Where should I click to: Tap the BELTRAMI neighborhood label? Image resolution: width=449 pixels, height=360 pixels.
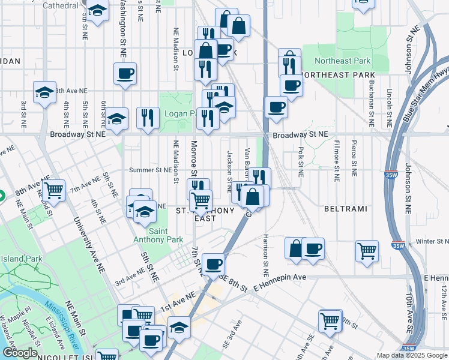342,209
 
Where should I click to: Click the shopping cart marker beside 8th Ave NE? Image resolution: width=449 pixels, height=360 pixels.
53,191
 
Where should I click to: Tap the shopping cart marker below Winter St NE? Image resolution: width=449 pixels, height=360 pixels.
366,251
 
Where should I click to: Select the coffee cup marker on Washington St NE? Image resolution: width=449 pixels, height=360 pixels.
125,74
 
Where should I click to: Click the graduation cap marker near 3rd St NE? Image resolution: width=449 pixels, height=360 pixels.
44,92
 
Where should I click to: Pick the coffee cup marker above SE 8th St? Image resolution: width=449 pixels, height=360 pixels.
213,263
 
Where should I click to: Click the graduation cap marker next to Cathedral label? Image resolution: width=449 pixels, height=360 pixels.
97,10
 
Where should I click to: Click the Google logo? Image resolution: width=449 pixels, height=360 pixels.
20,353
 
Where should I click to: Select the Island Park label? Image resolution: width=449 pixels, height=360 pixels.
21,259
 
